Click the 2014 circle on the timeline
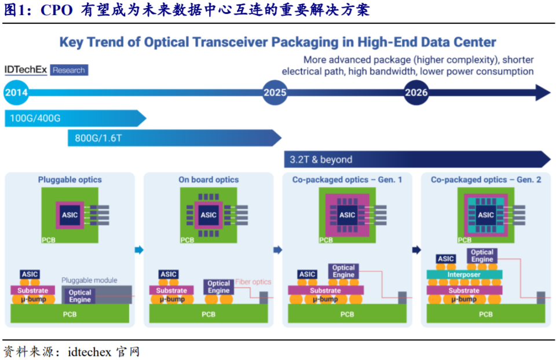[16, 93]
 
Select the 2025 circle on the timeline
[275, 93]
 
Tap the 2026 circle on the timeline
[416, 93]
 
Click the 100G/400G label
[35, 118]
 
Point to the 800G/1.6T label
[98, 138]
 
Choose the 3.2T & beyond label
[321, 159]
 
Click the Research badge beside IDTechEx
[69, 70]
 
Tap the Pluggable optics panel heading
[70, 179]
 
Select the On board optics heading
[209, 179]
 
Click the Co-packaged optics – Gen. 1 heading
[347, 179]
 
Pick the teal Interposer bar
[464, 274]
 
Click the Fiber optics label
[253, 282]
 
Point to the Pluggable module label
[89, 280]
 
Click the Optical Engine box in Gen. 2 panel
[482, 256]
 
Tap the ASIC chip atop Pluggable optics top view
[70, 215]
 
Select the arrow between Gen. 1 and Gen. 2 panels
[416, 250]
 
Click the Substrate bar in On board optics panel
[171, 290]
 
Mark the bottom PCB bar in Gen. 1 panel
[347, 314]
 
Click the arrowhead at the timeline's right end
[543, 93]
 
